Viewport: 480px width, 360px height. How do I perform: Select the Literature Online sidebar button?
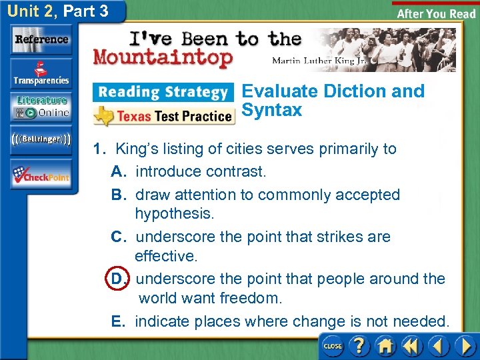point(41,107)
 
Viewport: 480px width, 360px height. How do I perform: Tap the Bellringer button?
point(41,140)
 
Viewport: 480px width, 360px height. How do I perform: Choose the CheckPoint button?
point(41,175)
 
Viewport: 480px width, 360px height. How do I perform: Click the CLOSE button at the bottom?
point(332,346)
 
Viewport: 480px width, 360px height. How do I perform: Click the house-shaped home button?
point(385,346)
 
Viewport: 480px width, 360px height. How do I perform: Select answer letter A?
point(119,172)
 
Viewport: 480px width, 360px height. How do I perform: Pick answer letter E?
point(118,322)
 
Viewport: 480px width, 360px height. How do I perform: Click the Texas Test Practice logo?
point(163,116)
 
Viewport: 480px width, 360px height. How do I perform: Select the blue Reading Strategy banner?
point(163,92)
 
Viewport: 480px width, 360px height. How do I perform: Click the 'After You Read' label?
point(436,13)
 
